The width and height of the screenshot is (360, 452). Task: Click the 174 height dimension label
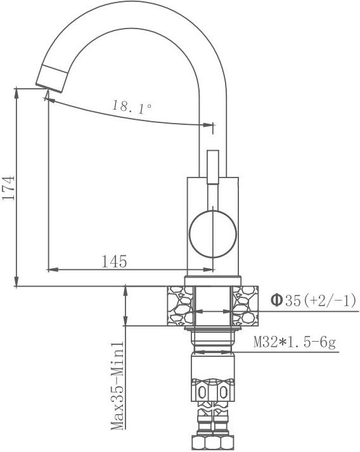(8, 188)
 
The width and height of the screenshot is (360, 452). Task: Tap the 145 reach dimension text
(114, 261)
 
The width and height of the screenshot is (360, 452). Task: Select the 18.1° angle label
(132, 107)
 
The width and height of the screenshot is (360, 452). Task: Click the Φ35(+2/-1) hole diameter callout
(313, 300)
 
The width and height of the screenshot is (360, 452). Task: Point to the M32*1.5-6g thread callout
(295, 343)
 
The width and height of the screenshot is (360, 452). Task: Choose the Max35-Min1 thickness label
(118, 385)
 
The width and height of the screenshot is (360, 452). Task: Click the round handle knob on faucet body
(213, 234)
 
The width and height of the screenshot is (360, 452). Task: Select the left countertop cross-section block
(180, 306)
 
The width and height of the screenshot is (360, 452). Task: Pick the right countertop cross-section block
(245, 306)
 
